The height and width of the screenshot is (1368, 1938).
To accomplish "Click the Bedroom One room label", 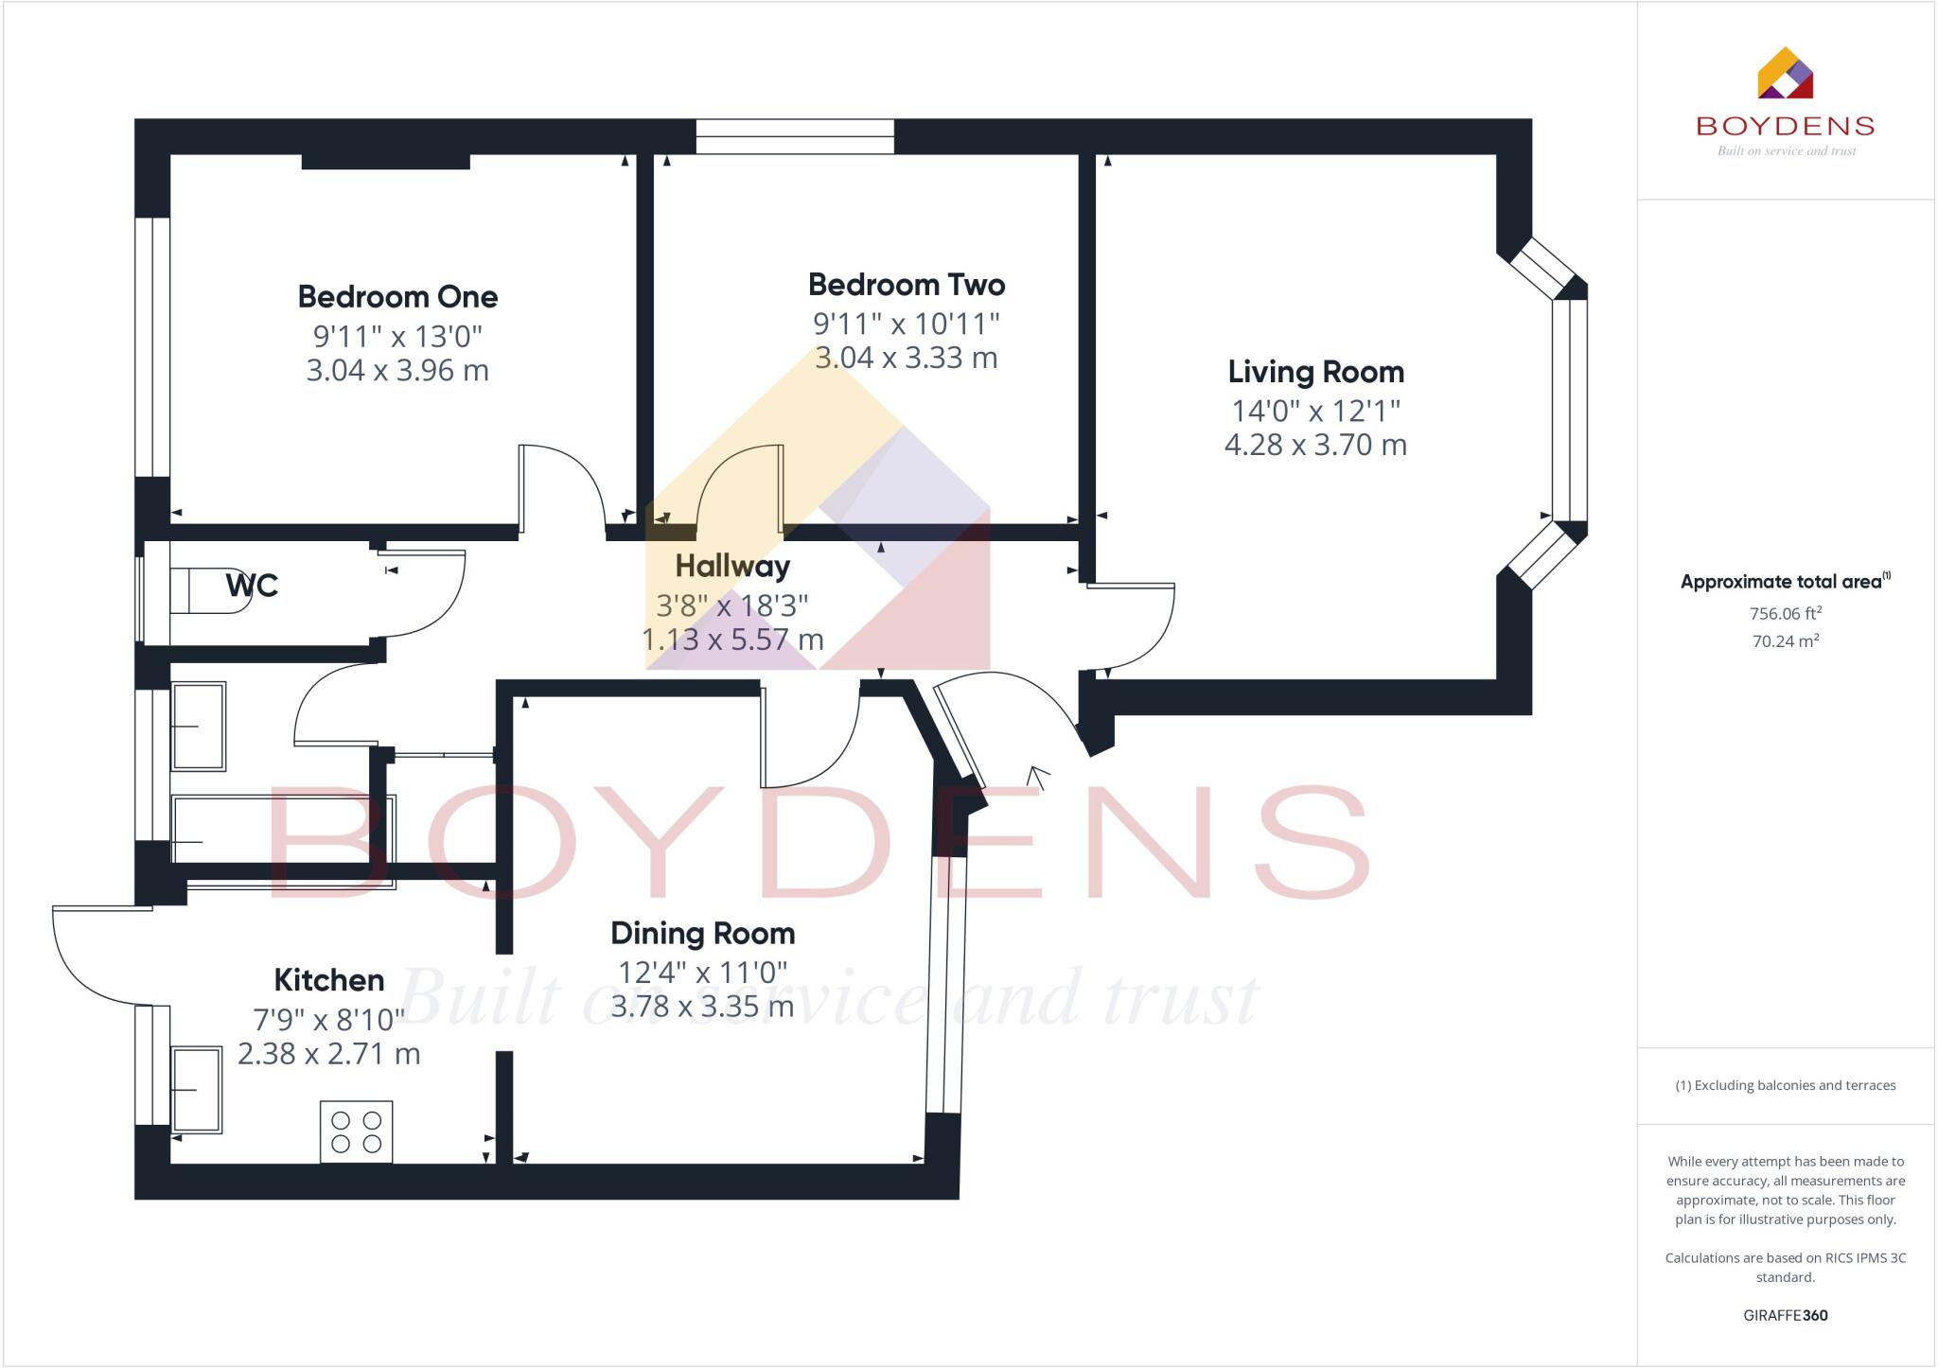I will pos(397,297).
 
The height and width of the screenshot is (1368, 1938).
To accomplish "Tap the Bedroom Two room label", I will pos(906,285).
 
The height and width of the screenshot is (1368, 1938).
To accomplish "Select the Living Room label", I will pos(1315,372).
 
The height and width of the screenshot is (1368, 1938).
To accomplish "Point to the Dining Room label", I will pos(702,934).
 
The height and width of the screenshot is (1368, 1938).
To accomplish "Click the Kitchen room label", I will pos(328,980).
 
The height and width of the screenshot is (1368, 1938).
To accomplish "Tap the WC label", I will pos(252,586).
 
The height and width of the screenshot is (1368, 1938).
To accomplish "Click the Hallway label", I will pos(732,567).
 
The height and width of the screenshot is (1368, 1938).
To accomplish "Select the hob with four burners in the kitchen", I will pos(357,1131).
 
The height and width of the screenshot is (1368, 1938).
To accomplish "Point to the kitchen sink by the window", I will pos(197,1090).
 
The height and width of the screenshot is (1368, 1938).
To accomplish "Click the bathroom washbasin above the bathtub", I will pos(199,727).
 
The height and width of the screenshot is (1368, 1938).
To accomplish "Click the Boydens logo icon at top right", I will pos(1785,74).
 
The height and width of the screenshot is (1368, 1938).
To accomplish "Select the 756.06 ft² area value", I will pos(1786,613).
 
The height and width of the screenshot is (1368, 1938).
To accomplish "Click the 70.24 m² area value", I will pos(1786,640).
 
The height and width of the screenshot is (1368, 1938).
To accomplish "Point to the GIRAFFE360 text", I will pos(1785,1315).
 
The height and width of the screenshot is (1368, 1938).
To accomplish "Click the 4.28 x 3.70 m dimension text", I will pos(1315,445).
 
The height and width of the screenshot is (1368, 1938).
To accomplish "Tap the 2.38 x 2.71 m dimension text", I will pos(328,1054).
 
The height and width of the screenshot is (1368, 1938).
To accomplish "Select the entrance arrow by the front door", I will pos(1038,778).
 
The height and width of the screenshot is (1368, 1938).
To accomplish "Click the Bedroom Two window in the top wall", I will pos(795,136).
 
